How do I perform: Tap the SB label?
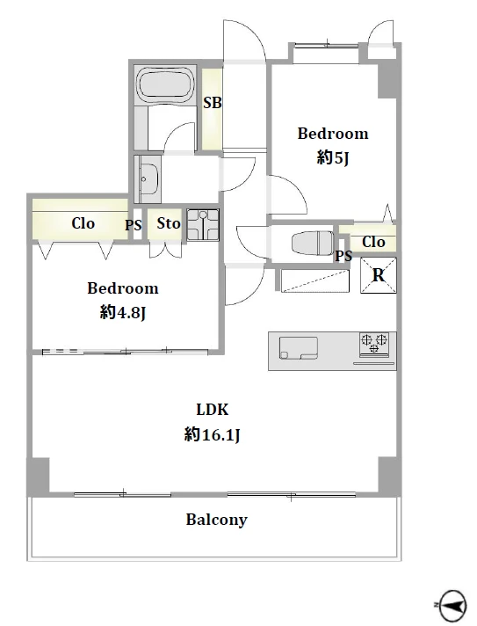click(213, 103)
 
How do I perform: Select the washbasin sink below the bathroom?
click(150, 178)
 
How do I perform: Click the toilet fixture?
click(312, 242)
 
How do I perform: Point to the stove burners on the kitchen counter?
click(374, 344)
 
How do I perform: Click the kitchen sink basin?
click(299, 348)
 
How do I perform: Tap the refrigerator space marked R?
click(379, 275)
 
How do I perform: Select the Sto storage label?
click(169, 223)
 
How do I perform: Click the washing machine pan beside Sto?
click(203, 225)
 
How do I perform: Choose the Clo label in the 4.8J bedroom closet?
click(83, 223)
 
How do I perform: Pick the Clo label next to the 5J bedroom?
click(373, 242)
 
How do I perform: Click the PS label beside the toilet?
click(343, 256)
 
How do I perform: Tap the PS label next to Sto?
click(134, 225)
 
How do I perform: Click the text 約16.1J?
click(212, 434)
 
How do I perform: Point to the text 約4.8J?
click(122, 313)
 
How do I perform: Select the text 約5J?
click(333, 158)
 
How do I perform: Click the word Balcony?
click(217, 520)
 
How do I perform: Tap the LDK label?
click(213, 410)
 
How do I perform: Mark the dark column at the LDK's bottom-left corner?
click(39, 477)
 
